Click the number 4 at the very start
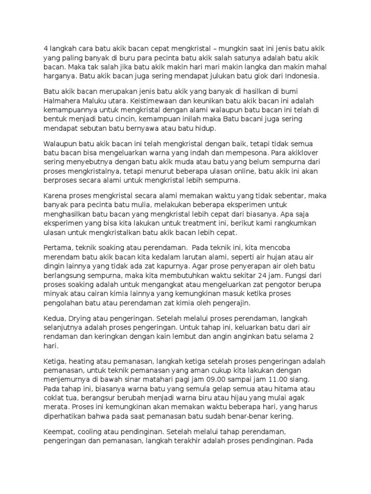click(46, 48)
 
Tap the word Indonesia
click(300, 76)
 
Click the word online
click(242, 171)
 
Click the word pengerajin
click(229, 303)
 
